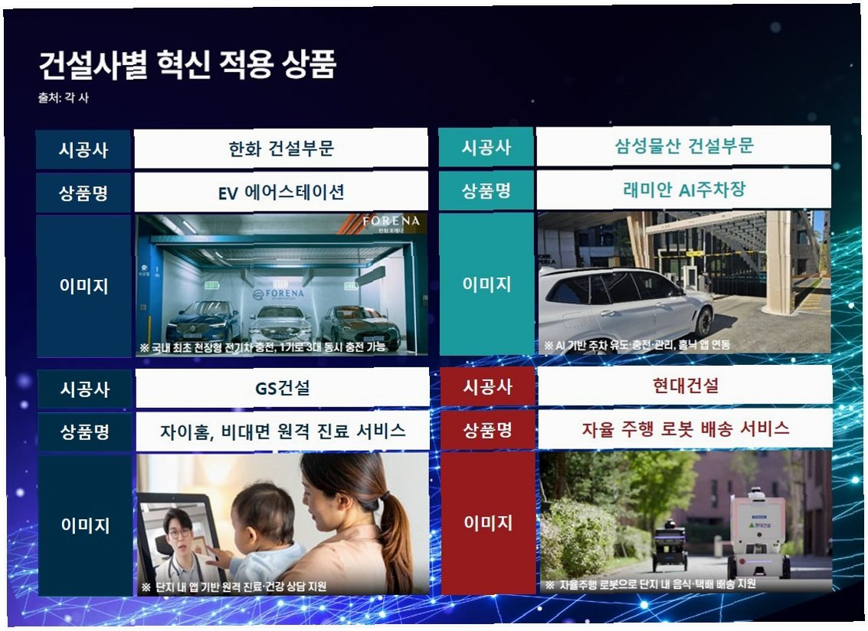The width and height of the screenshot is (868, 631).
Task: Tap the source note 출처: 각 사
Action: pyautogui.click(x=63, y=97)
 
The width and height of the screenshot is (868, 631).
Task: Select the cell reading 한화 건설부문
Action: pyautogui.click(x=281, y=149)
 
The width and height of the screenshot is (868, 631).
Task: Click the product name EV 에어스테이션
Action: pyautogui.click(x=281, y=192)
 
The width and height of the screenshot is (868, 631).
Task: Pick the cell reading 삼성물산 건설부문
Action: pyautogui.click(x=683, y=146)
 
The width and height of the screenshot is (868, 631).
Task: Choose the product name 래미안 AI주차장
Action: pyautogui.click(x=683, y=189)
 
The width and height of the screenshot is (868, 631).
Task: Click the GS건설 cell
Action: pyautogui.click(x=283, y=388)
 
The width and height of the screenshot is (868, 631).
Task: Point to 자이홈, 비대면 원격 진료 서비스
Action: pyautogui.click(x=283, y=431)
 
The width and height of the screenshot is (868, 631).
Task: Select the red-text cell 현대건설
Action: pyautogui.click(x=686, y=385)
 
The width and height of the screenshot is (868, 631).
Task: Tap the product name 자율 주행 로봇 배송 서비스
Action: pyautogui.click(x=686, y=429)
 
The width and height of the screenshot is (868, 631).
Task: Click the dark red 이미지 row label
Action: pyautogui.click(x=488, y=522)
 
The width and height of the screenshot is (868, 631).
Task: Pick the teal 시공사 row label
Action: pyautogui.click(x=486, y=146)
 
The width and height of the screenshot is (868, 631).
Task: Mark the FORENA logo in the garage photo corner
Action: pyautogui.click(x=391, y=222)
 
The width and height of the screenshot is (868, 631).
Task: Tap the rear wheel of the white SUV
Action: pyautogui.click(x=703, y=322)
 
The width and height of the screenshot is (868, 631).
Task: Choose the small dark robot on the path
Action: pyautogui.click(x=670, y=545)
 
